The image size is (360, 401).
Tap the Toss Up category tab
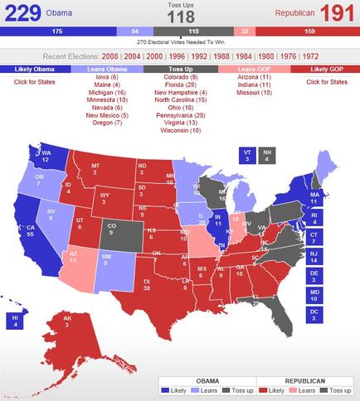tap(179, 70)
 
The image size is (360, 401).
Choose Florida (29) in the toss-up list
tap(179, 85)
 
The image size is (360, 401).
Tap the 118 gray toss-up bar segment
tap(179, 31)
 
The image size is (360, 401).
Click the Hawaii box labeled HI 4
tap(13, 321)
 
